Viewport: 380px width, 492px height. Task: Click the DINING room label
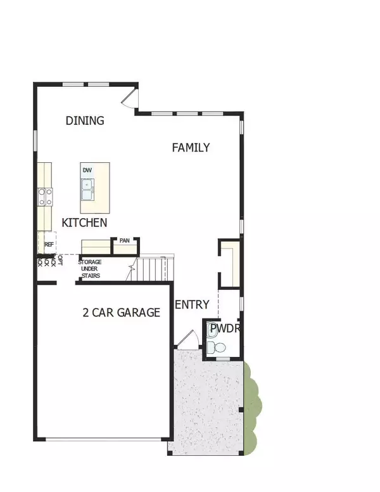(x=85, y=120)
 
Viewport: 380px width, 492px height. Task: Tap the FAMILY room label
(x=191, y=147)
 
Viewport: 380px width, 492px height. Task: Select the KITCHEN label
(x=84, y=223)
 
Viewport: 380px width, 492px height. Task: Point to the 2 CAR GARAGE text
(x=121, y=312)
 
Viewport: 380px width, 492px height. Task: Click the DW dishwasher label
(x=87, y=170)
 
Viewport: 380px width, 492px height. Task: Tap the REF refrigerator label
(x=49, y=243)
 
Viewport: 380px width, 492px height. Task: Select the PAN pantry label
(x=124, y=241)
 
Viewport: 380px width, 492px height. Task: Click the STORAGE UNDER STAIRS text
(x=94, y=269)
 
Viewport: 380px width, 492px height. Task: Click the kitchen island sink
(x=87, y=187)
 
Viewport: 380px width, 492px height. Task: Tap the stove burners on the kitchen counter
(x=44, y=197)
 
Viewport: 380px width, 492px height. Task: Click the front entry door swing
(x=186, y=340)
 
